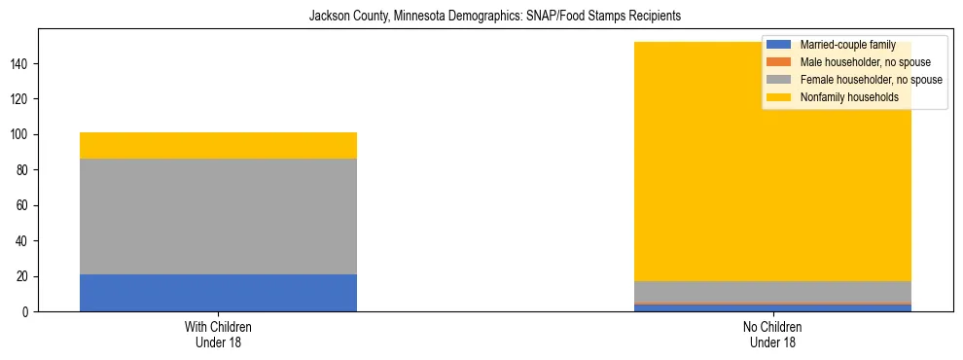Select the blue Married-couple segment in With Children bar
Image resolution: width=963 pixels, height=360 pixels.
[218, 293]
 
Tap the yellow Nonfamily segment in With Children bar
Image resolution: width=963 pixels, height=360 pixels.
[218, 145]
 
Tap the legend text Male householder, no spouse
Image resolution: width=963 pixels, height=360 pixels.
[858, 62]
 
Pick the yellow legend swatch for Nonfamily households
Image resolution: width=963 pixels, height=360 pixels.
[779, 97]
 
